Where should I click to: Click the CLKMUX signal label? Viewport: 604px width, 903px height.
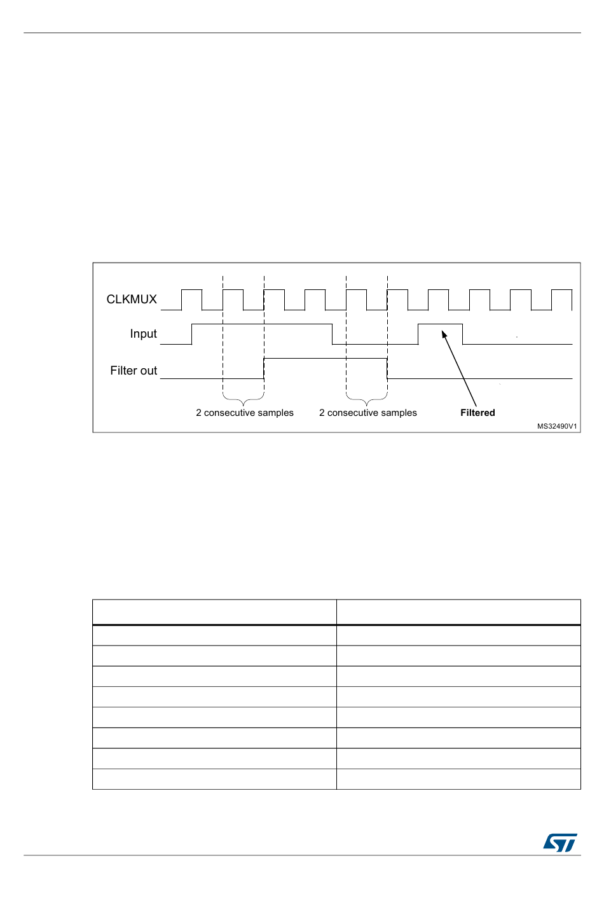pyautogui.click(x=132, y=300)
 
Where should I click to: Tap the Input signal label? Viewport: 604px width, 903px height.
pyautogui.click(x=143, y=334)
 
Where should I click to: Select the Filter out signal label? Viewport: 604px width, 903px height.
pyautogui.click(x=134, y=371)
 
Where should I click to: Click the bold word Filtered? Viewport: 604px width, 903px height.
pyautogui.click(x=477, y=413)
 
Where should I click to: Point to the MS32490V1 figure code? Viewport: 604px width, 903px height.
pyautogui.click(x=557, y=426)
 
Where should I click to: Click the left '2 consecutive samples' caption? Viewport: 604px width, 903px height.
pyautogui.click(x=245, y=413)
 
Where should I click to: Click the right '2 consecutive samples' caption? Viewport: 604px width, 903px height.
pyautogui.click(x=368, y=413)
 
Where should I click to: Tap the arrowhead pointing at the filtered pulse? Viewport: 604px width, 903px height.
pyautogui.click(x=444, y=334)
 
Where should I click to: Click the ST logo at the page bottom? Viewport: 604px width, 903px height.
pyautogui.click(x=560, y=843)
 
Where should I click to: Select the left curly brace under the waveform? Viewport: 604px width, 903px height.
pyautogui.click(x=244, y=400)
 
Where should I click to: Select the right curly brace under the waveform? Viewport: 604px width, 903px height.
pyautogui.click(x=367, y=400)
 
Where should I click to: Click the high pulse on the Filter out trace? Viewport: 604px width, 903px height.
pyautogui.click(x=326, y=359)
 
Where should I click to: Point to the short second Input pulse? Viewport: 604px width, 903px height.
pyautogui.click(x=440, y=325)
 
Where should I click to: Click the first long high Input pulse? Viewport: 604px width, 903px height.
pyautogui.click(x=262, y=325)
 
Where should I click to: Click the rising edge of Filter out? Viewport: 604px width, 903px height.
pyautogui.click(x=264, y=368)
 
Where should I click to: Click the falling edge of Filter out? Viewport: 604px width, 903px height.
pyautogui.click(x=387, y=368)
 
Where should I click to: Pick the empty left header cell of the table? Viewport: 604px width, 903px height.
pyautogui.click(x=214, y=612)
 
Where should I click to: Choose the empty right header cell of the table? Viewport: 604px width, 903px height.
pyautogui.click(x=458, y=612)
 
